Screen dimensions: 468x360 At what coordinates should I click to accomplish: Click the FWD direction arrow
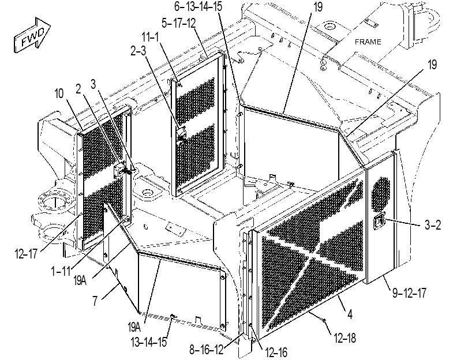[x=32, y=35]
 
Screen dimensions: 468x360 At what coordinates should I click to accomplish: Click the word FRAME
[x=368, y=42]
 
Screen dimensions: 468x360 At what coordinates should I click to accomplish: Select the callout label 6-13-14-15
[x=198, y=6]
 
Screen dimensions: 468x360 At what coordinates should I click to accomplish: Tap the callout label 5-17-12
[x=178, y=23]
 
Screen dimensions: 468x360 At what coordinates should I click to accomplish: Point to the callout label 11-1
[x=150, y=37]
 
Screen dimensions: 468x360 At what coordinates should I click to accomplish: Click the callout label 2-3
[x=138, y=51]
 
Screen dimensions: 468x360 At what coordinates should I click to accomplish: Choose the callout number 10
[x=59, y=93]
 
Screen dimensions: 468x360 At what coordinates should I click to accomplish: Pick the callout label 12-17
[x=26, y=254]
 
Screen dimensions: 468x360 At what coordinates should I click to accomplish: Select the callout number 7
[x=95, y=301]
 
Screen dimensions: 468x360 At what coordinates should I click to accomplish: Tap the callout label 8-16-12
[x=206, y=350]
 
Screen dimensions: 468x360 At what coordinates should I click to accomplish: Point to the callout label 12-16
[x=276, y=353]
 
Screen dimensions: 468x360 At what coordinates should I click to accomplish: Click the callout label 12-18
[x=345, y=338]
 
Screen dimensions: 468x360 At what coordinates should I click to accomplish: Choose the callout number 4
[x=350, y=314]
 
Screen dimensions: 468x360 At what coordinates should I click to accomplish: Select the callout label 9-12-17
[x=409, y=293]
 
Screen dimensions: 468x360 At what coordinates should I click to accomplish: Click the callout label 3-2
[x=432, y=225]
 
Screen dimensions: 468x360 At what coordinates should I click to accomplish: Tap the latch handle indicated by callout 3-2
[x=379, y=222]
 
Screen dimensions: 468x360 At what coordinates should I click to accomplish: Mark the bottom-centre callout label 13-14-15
[x=149, y=342]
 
